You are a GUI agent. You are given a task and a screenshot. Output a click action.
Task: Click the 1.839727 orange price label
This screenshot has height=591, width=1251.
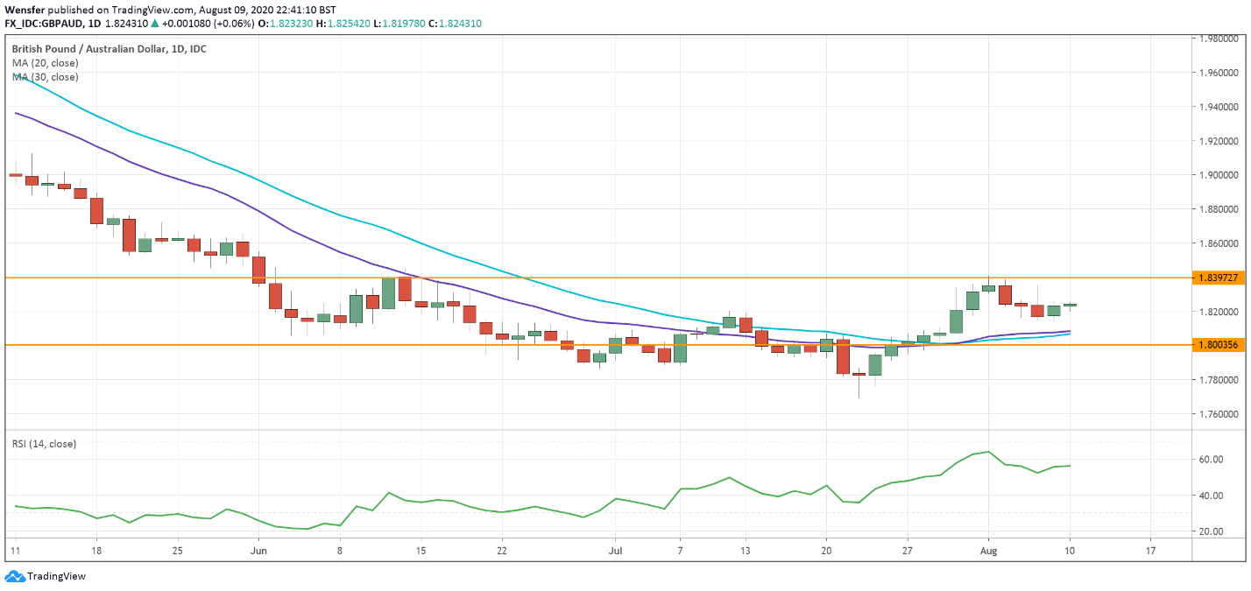tap(1218, 278)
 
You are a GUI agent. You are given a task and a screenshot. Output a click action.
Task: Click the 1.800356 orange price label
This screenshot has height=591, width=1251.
tap(1218, 345)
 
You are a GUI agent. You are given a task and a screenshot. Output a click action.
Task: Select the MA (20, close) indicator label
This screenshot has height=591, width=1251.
tap(45, 63)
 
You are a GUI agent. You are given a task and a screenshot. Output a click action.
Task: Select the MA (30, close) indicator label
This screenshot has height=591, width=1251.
tap(45, 77)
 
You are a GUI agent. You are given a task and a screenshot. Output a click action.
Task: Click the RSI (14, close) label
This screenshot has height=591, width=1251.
tap(44, 444)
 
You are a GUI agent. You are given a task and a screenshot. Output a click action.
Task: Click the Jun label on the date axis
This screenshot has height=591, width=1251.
tap(258, 552)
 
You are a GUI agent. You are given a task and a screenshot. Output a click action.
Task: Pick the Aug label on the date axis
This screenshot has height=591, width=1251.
tap(988, 552)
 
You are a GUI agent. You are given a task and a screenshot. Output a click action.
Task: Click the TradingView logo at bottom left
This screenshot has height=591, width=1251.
tap(46, 576)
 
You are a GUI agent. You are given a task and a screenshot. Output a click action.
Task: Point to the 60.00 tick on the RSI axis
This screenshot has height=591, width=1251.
tap(1211, 459)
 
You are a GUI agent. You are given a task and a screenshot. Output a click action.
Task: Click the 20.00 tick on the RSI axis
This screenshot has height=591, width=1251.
tap(1211, 531)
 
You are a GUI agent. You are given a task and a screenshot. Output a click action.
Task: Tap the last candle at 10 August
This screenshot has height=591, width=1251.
tap(1070, 306)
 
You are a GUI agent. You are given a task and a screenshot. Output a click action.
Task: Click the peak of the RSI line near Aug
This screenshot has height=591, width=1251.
tap(988, 452)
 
